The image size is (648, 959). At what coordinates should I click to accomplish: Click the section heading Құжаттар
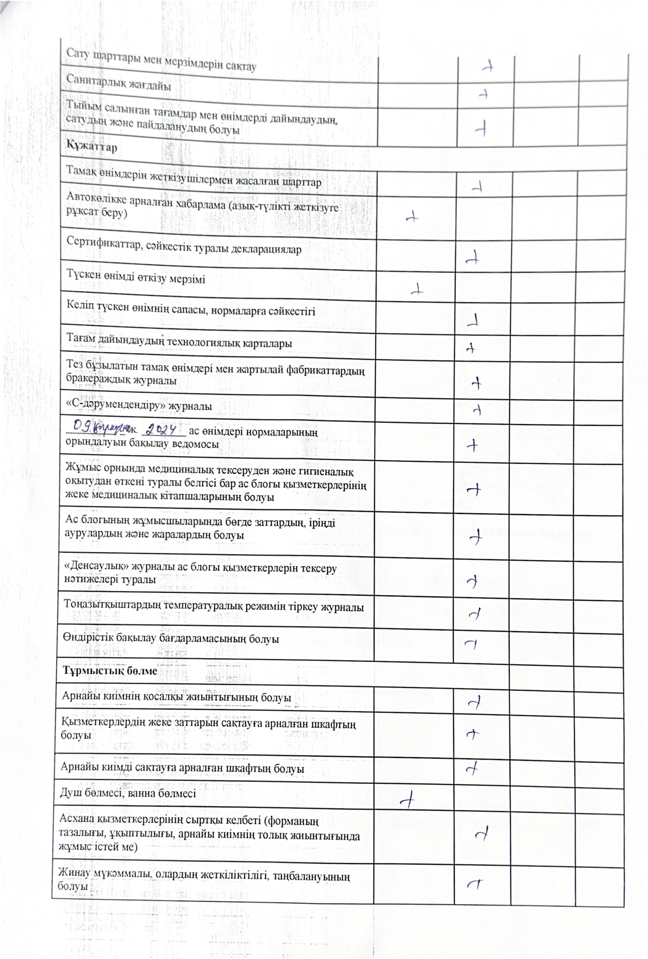pyautogui.click(x=92, y=147)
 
